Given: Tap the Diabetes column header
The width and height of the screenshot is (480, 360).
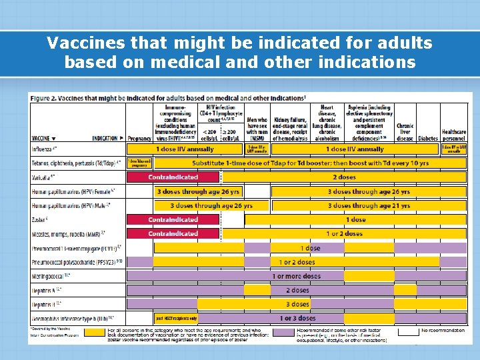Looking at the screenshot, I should [427, 138].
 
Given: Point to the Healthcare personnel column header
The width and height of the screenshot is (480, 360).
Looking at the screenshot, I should [454, 134].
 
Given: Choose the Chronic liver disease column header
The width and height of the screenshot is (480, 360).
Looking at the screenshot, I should [405, 131].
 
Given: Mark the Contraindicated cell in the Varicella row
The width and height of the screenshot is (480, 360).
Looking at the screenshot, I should [173, 177].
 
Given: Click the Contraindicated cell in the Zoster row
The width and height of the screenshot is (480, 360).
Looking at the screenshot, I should [173, 219].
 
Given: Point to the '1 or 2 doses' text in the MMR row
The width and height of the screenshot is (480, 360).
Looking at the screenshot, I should [344, 234].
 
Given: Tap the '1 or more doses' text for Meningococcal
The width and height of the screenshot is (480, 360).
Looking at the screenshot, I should [297, 276].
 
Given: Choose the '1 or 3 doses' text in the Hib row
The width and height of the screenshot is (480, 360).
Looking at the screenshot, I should [297, 318].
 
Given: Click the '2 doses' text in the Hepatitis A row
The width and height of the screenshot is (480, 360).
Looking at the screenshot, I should [297, 290].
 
